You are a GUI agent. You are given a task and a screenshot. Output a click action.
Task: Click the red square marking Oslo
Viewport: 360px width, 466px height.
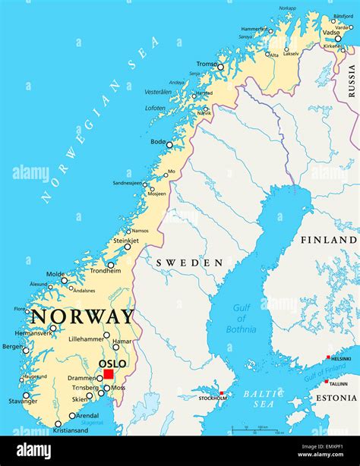click(x=109, y=373)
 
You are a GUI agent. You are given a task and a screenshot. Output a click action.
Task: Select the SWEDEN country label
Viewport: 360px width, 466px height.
click(x=189, y=263)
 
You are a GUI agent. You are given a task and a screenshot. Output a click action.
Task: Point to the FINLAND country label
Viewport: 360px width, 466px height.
click(x=328, y=239)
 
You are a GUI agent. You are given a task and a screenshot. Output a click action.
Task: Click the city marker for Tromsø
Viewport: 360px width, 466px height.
click(x=220, y=67)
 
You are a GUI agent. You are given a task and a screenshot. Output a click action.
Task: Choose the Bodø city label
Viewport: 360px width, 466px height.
click(x=157, y=142)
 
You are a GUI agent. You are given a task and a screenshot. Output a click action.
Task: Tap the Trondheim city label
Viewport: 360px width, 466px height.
click(x=105, y=271)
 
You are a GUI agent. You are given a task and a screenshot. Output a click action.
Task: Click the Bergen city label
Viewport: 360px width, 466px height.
click(x=12, y=346)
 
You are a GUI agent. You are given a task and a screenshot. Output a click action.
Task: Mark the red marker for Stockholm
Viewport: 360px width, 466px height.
click(x=222, y=393)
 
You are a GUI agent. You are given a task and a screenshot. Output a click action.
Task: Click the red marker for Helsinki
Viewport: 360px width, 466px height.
click(x=328, y=357)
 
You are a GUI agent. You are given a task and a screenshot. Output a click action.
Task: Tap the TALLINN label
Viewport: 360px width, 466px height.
click(x=339, y=383)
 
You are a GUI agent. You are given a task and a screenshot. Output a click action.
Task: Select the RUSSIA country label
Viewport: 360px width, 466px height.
click(x=352, y=80)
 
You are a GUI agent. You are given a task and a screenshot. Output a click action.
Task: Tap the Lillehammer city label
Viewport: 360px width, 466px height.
click(x=86, y=339)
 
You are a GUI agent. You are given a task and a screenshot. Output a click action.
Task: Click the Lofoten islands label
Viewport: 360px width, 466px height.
click(x=155, y=108)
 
